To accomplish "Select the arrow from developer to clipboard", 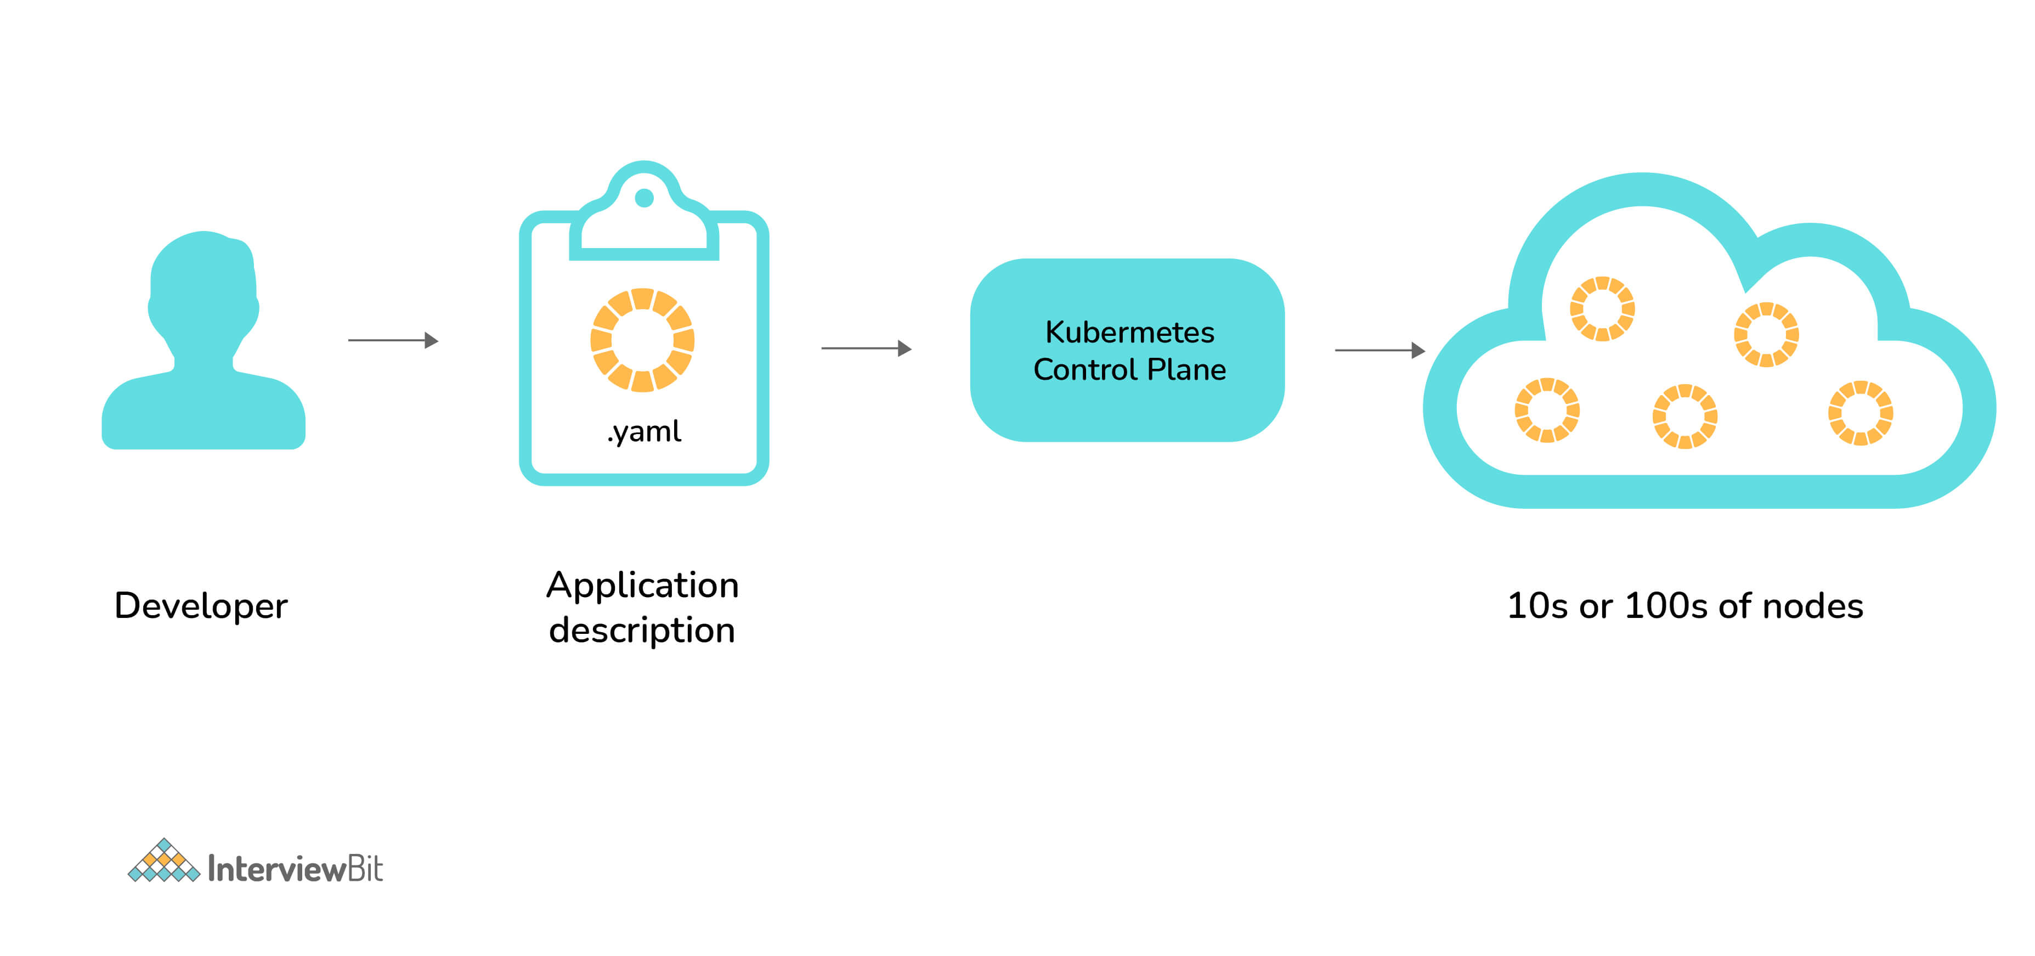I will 393,340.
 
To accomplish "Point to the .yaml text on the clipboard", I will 644,431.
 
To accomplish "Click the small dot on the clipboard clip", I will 644,198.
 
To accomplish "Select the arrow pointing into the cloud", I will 1380,350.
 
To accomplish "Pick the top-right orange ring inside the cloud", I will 1766,334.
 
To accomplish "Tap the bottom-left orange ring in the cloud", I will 1546,410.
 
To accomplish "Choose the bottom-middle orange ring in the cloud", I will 1684,417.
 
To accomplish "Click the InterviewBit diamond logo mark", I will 163,862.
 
